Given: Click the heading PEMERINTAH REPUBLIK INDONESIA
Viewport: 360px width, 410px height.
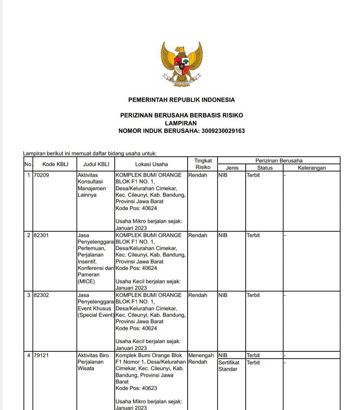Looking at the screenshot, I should (x=182, y=100).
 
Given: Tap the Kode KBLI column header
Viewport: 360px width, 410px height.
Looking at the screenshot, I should (x=54, y=164).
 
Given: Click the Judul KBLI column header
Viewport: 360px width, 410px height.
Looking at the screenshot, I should (x=96, y=164).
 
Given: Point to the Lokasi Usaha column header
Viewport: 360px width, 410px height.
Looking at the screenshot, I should (x=151, y=164).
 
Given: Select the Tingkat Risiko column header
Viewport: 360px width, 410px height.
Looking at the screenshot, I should (x=203, y=164).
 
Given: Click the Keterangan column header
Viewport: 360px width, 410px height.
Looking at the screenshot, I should (x=311, y=168).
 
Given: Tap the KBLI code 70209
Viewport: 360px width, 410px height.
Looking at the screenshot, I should (x=41, y=175).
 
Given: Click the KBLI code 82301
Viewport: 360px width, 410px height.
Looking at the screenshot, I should (x=41, y=235).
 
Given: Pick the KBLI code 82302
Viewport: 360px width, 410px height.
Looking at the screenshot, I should (x=41, y=295).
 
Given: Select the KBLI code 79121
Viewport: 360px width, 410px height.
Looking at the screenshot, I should (x=41, y=355).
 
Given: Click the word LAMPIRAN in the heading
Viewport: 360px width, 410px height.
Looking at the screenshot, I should (x=181, y=123).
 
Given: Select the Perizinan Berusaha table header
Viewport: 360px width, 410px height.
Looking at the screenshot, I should (x=279, y=161).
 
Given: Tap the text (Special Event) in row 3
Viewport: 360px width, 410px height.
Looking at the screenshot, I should (x=96, y=315).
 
